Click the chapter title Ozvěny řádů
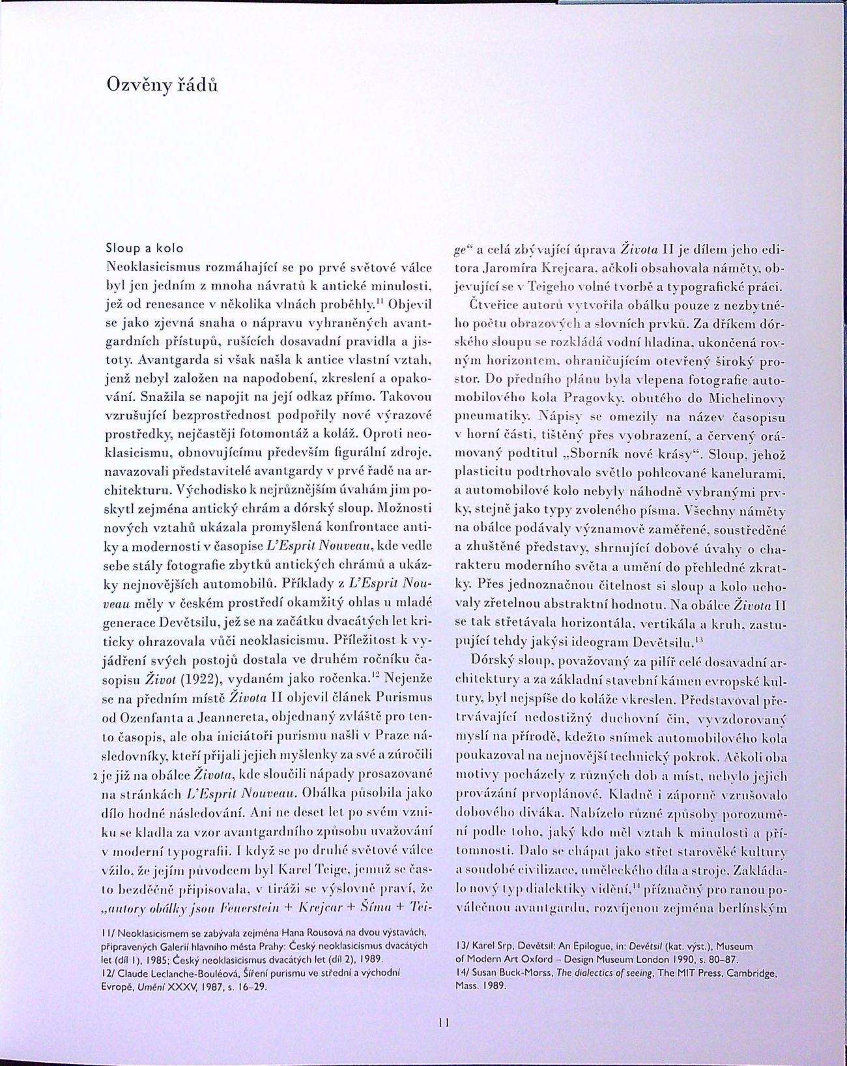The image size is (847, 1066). pyautogui.click(x=154, y=85)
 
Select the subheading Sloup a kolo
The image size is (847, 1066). pyautogui.click(x=145, y=248)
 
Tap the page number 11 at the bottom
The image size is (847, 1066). pyautogui.click(x=444, y=1022)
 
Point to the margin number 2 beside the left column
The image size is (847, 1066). pyautogui.click(x=96, y=777)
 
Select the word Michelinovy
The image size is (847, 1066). pyautogui.click(x=749, y=397)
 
